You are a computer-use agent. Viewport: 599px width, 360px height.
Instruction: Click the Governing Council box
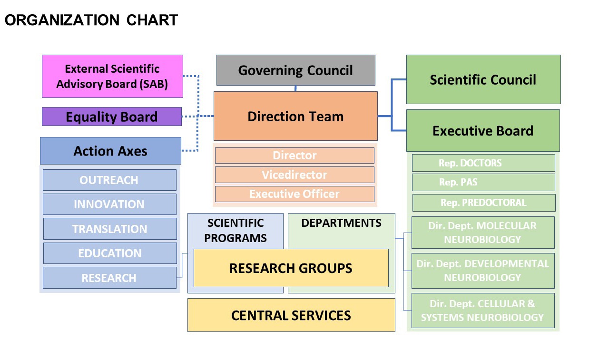click(296, 70)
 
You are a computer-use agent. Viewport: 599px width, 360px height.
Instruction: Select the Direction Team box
click(295, 116)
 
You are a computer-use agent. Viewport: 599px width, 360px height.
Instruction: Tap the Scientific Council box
click(483, 79)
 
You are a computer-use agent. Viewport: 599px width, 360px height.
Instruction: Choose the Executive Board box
click(483, 131)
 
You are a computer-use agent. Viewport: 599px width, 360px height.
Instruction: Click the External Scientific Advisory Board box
click(112, 77)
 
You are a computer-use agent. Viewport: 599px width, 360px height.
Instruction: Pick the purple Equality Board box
click(112, 117)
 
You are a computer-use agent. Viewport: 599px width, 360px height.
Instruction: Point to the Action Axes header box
click(110, 151)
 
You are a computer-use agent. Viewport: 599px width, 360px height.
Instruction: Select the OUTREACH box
click(109, 180)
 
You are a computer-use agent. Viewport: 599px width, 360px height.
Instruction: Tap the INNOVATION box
click(109, 204)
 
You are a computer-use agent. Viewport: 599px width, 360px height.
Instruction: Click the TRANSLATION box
click(110, 229)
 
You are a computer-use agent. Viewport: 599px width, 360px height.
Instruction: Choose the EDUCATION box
click(110, 253)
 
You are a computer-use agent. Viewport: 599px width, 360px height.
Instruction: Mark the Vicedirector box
click(295, 175)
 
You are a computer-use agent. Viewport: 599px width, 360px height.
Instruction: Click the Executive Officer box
click(295, 194)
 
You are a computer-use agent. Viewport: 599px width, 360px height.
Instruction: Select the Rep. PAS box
click(483, 182)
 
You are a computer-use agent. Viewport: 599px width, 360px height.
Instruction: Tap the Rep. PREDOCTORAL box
click(484, 203)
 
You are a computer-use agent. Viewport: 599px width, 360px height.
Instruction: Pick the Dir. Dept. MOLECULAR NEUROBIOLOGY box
click(483, 233)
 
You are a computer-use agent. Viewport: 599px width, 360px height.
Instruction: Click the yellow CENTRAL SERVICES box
click(291, 315)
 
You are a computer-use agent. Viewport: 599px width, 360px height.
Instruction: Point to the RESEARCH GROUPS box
click(291, 268)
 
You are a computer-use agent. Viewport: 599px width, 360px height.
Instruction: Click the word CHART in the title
click(152, 20)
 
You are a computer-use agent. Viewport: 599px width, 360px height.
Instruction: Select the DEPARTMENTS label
click(341, 223)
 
